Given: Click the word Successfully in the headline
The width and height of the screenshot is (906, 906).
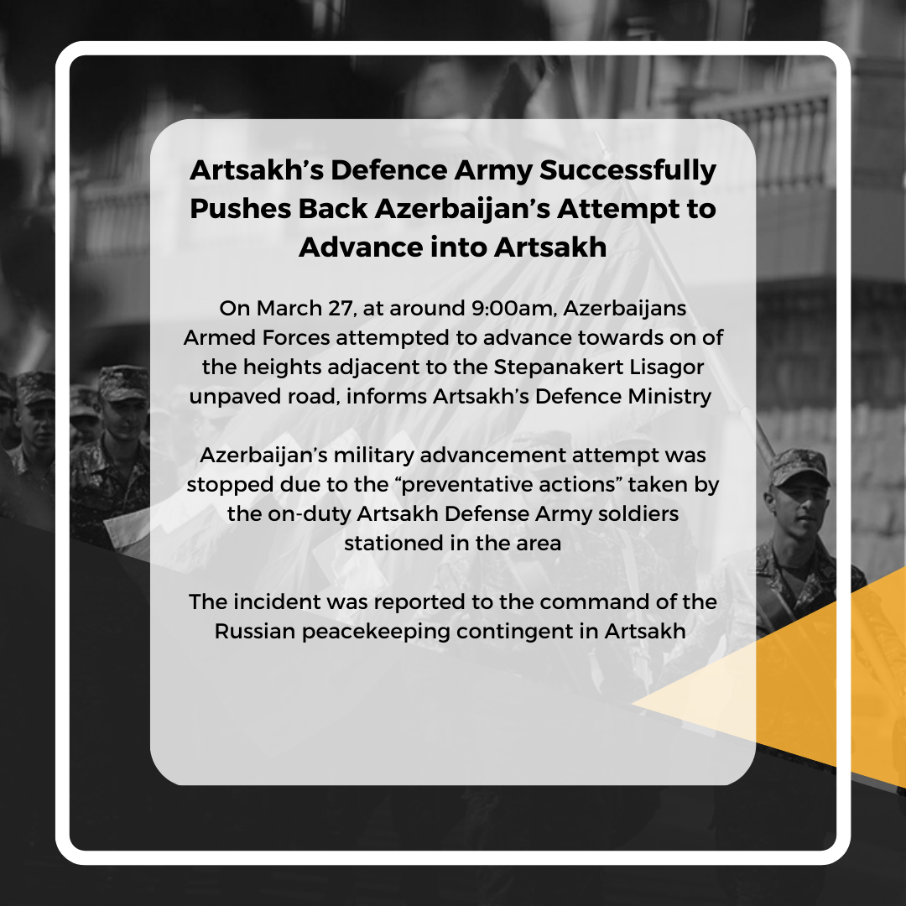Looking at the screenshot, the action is click(x=627, y=171).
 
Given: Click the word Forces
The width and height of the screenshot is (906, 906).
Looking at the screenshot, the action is click(x=296, y=337).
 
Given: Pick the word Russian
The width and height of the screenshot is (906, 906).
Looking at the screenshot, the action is click(x=255, y=632).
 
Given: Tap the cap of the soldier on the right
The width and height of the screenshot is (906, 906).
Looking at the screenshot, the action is click(x=798, y=466).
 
